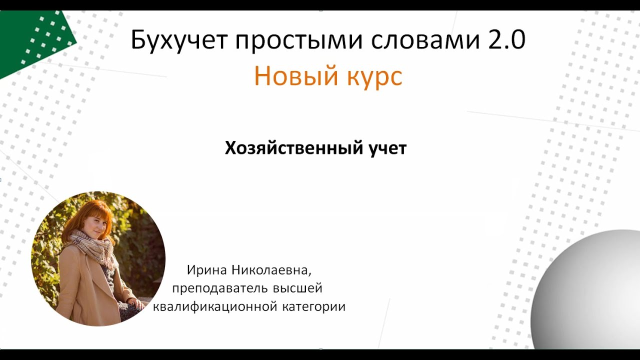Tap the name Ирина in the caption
point(207,270)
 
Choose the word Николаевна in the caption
point(271,270)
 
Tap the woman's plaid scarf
point(95,247)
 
